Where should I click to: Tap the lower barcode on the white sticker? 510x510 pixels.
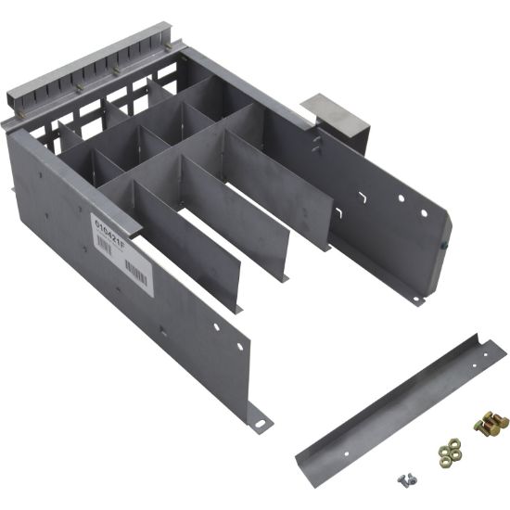[136, 274]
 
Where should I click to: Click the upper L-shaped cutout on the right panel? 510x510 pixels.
[364, 198]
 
